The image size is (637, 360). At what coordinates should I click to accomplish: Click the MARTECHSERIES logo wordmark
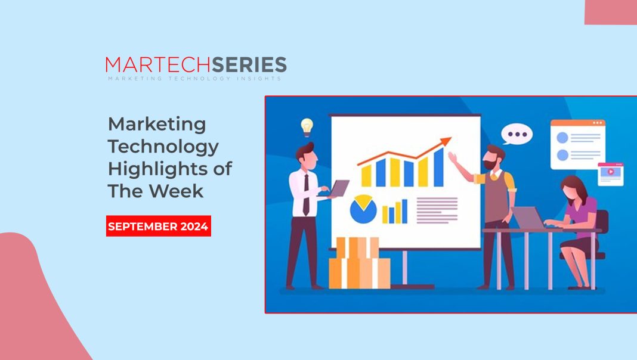[196, 65]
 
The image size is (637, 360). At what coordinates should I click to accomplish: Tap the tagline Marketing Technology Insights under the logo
[194, 79]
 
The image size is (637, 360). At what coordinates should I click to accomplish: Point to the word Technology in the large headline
[163, 147]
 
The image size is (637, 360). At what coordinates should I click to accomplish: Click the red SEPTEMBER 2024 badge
[159, 226]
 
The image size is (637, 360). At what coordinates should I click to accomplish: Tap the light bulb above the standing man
[307, 126]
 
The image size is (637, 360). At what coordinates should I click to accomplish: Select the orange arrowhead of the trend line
[446, 142]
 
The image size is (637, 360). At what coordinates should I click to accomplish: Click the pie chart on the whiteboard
[363, 209]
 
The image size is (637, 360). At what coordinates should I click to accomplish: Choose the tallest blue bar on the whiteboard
[438, 167]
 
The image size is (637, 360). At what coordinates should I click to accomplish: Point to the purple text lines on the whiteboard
[437, 209]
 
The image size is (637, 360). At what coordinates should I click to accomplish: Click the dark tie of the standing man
[306, 194]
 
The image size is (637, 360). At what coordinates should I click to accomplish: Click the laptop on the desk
[529, 218]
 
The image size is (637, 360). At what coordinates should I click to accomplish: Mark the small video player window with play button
[611, 173]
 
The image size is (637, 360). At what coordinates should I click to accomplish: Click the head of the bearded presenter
[494, 157]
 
